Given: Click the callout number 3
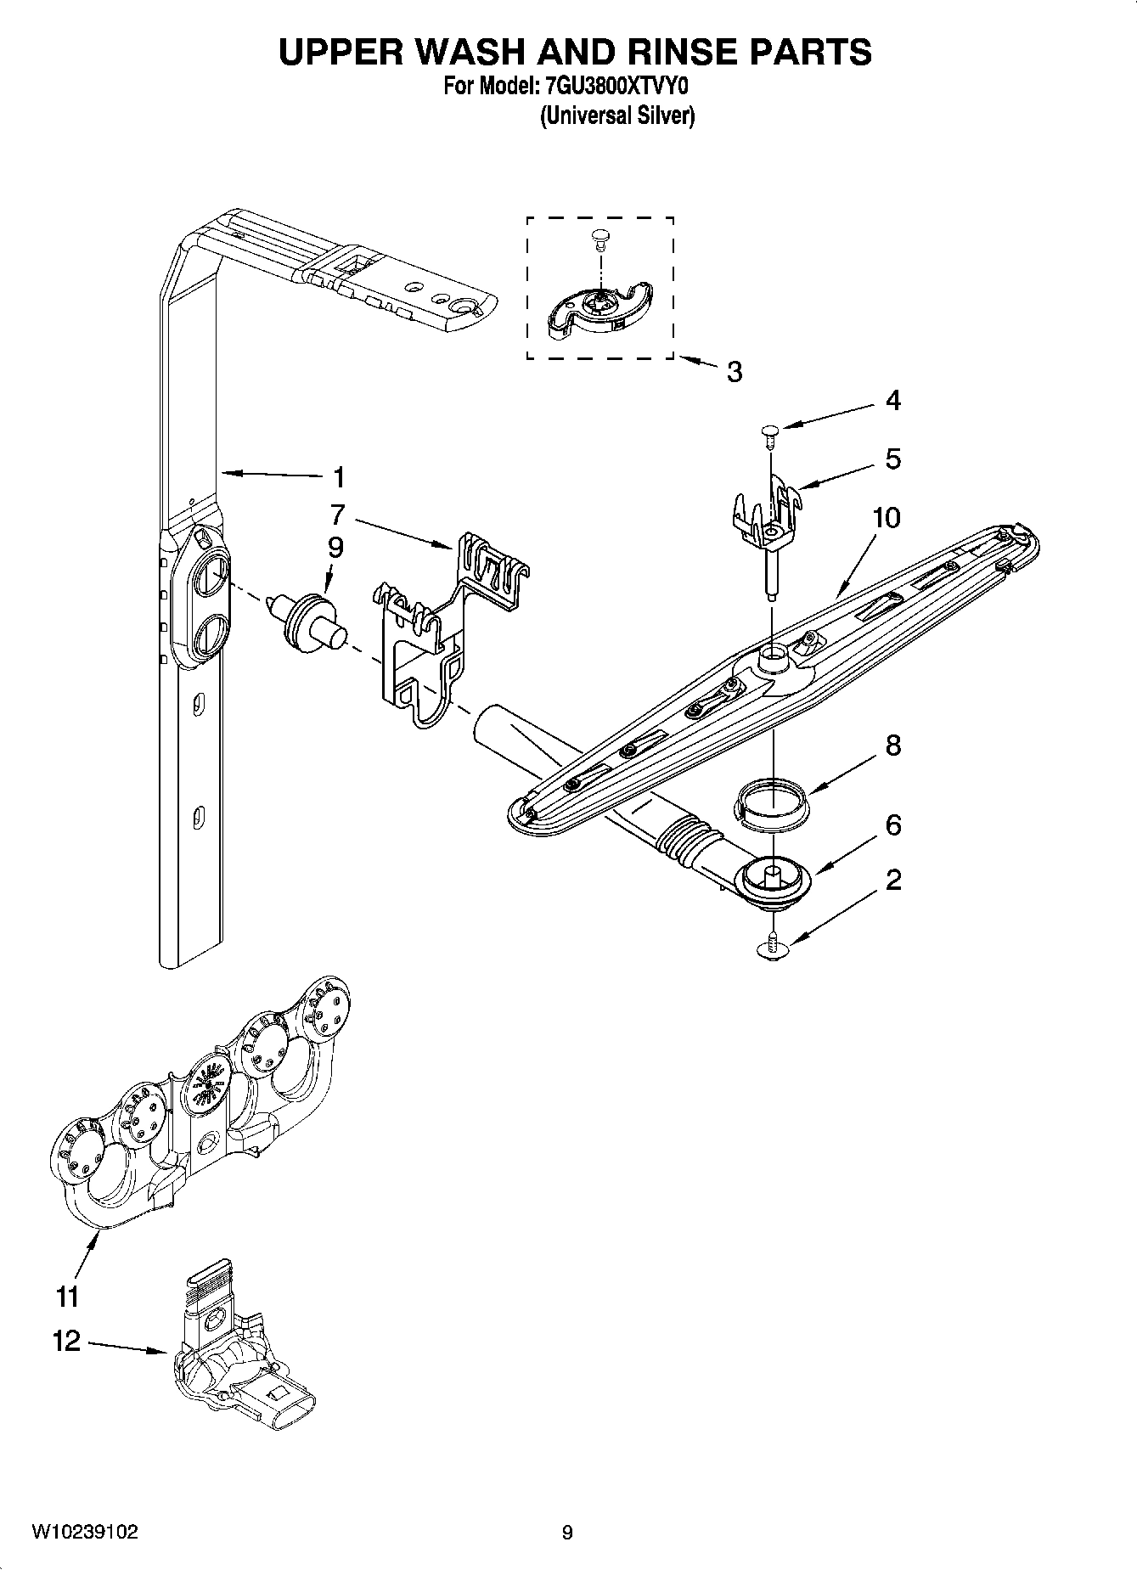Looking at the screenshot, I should pos(734,372).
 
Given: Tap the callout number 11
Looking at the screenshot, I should pos(67,1297).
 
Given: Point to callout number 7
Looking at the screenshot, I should pos(338,514).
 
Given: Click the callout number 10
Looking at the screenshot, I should pos(887,517).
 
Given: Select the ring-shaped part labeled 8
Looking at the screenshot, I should pos(771,802).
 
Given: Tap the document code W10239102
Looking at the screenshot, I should pos(85,1532).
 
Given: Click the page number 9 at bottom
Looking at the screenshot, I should pos(567,1533).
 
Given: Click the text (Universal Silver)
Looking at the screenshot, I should pos(617,116).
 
